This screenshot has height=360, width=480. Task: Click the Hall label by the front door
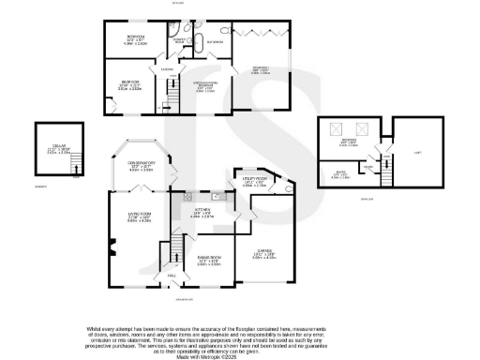(172, 276)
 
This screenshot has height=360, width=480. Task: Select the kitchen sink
(215, 196)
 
